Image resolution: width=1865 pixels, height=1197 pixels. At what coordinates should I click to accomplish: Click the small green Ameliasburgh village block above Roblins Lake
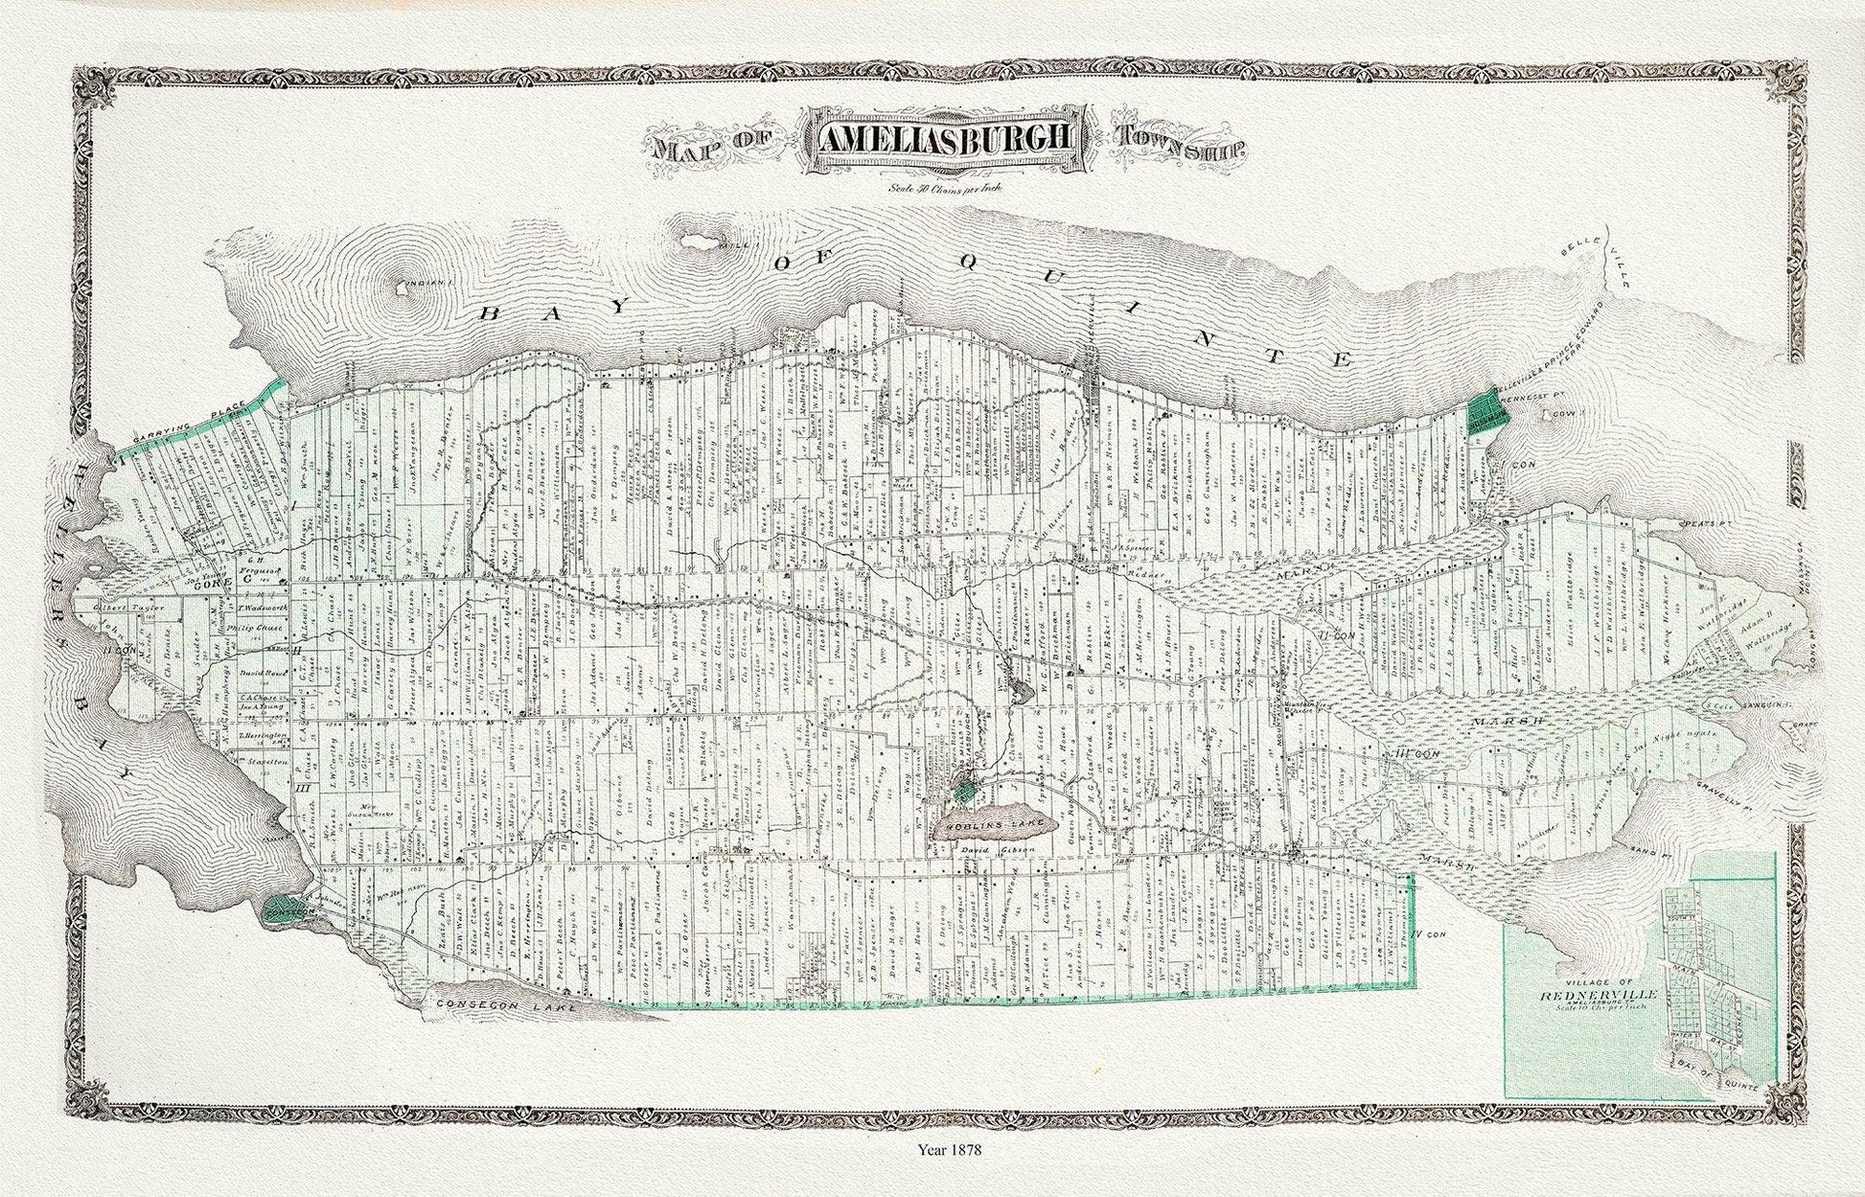(x=967, y=791)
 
